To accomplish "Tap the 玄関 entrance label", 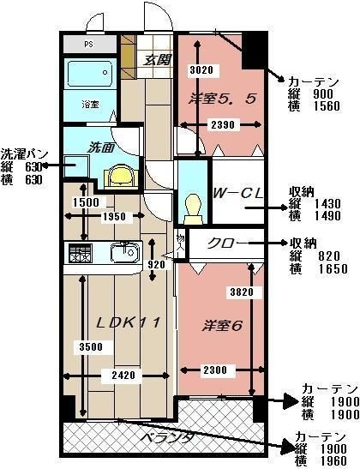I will [156, 60].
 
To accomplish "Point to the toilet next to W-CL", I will [193, 204].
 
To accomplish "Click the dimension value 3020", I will [200, 69].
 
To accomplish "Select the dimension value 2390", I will [221, 124].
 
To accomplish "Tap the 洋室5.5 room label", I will [222, 97].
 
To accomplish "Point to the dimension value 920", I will [155, 265].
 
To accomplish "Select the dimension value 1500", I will [86, 202].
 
